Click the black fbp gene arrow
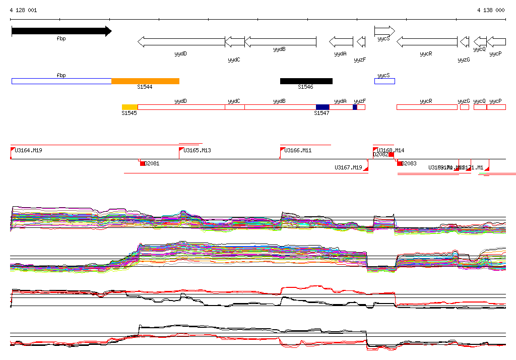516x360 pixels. (60, 31)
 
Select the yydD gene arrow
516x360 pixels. (181, 42)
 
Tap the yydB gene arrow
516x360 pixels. (280, 42)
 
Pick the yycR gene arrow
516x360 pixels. (427, 42)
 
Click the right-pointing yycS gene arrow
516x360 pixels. (384, 31)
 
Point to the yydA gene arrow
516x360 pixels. (341, 42)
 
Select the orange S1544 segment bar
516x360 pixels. (145, 81)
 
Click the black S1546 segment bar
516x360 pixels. (306, 81)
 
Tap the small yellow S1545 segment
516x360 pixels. (130, 107)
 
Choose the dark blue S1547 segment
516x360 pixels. (322, 107)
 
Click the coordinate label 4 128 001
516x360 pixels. (23, 10)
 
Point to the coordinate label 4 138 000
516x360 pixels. (490, 10)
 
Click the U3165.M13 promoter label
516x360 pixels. (197, 151)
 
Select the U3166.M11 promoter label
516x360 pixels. (298, 151)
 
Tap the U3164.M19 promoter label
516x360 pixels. (28, 151)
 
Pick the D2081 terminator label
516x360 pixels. (152, 163)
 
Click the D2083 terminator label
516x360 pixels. (409, 163)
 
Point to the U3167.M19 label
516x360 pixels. (348, 167)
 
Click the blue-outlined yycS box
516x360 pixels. (384, 81)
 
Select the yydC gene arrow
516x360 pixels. (234, 42)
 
